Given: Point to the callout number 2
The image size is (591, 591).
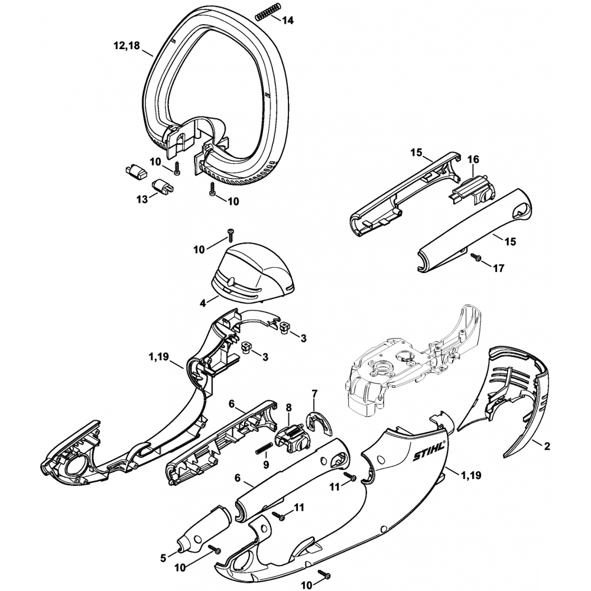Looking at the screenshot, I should tap(547, 446).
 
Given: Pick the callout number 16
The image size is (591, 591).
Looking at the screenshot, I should tap(473, 160).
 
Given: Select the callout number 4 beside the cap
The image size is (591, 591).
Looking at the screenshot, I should tap(202, 303).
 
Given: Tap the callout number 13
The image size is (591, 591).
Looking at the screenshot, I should tap(142, 200).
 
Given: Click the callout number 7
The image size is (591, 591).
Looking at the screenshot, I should tap(314, 394).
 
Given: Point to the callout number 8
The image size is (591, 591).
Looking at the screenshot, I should tap(289, 407).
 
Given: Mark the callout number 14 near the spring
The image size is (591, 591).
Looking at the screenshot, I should tap(288, 20).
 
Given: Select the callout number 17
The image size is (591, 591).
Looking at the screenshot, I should tap(498, 268).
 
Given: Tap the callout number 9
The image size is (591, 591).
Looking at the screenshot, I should tap(265, 465).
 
